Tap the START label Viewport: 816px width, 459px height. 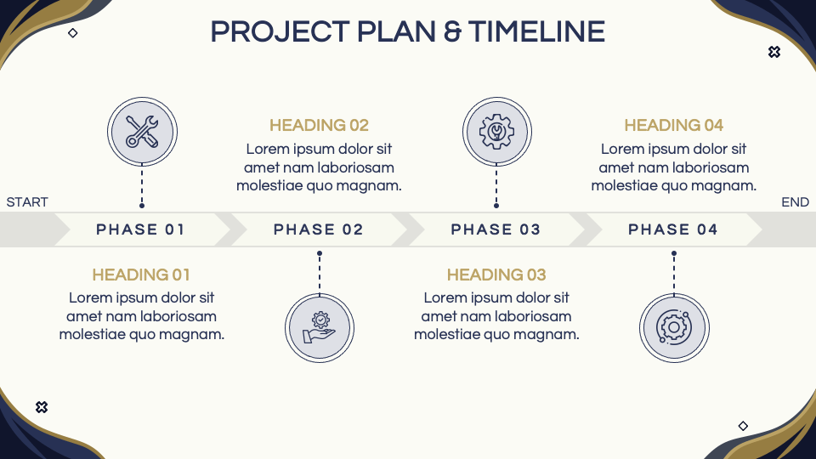(27, 202)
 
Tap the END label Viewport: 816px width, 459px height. (795, 202)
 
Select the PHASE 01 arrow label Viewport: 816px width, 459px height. (140, 229)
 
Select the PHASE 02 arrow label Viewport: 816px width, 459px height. (318, 229)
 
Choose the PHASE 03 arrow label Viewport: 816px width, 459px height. (496, 229)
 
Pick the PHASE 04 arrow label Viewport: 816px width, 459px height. (672, 229)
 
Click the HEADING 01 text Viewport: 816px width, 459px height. (141, 275)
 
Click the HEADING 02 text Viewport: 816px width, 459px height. (319, 126)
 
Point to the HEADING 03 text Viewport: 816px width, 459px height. (496, 275)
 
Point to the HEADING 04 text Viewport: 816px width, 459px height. (673, 126)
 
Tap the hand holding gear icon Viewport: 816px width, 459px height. (319, 327)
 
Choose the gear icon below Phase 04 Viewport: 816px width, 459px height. (674, 327)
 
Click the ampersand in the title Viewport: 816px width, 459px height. (452, 32)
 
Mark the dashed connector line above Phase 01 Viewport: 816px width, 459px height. (141, 185)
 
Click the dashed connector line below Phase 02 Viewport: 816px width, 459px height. (319, 272)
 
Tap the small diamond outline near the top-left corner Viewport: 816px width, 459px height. (73, 33)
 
